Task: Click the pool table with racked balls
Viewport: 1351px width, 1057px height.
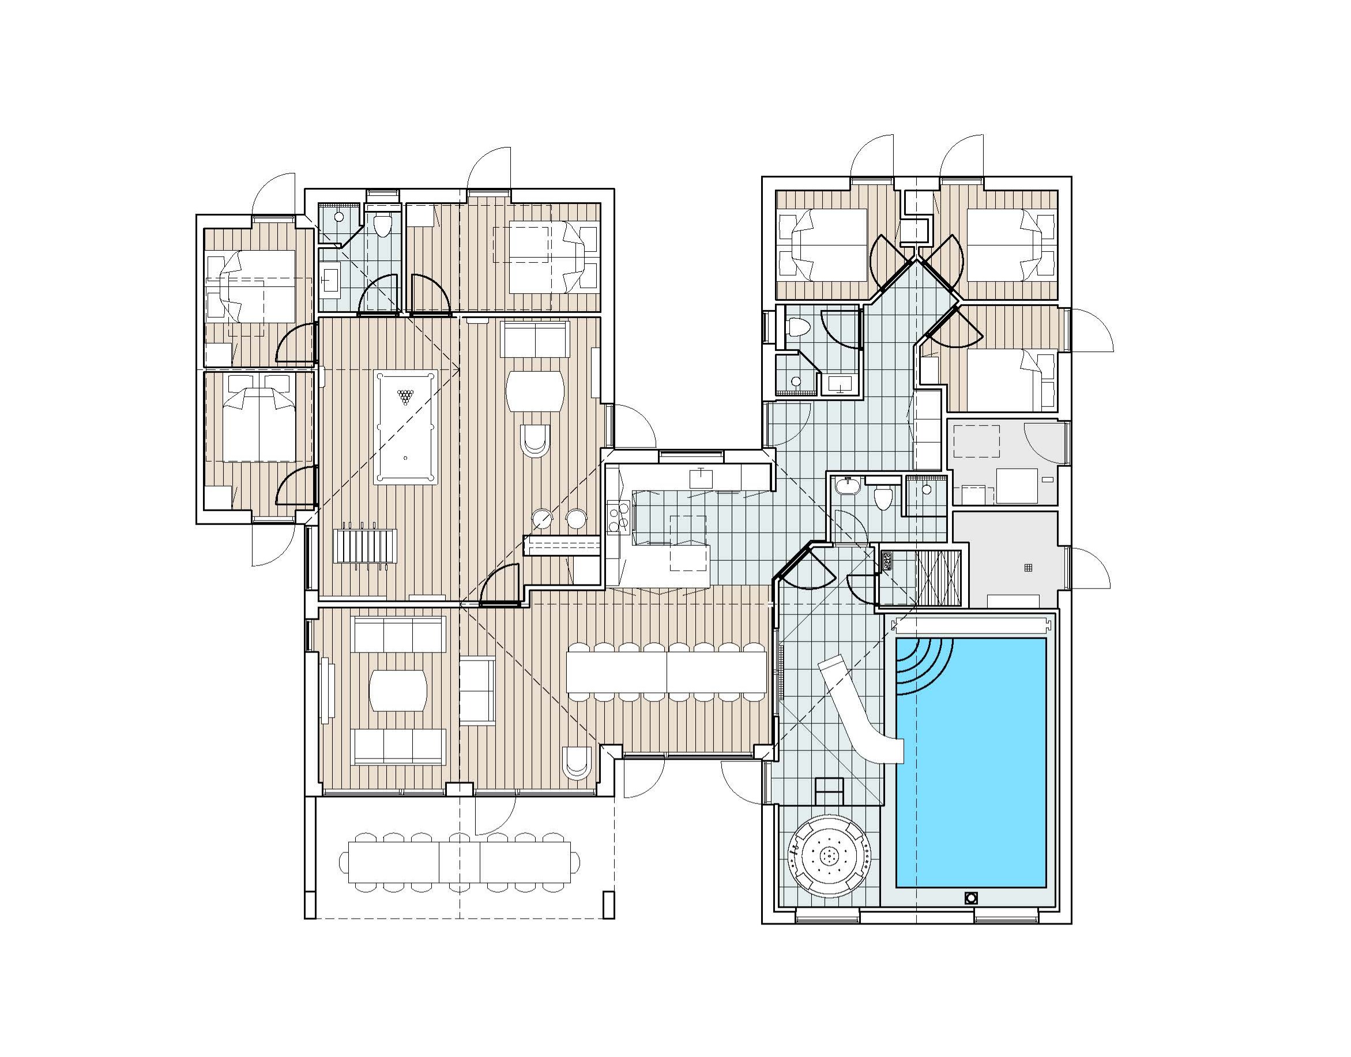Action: [405, 427]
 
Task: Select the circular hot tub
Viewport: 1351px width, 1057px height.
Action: [829, 856]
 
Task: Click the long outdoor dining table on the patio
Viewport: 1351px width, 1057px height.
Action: [460, 861]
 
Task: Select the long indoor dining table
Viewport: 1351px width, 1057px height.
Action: [667, 671]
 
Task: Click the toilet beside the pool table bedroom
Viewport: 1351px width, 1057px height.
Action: [384, 225]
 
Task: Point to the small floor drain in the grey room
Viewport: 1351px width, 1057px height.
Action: [1029, 568]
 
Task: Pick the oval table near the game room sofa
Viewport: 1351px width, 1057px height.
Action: [535, 391]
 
